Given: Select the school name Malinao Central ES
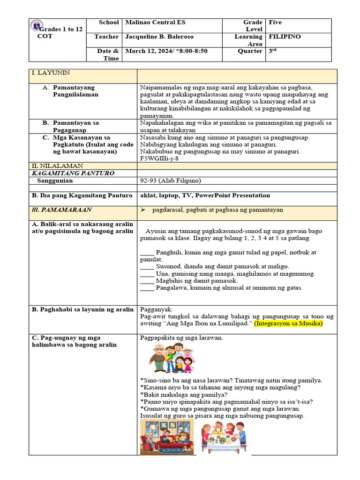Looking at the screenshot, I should [x=155, y=22].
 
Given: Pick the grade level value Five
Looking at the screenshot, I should [x=275, y=22].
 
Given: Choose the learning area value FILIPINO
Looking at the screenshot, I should [x=285, y=37].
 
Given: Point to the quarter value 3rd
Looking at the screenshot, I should [x=272, y=51].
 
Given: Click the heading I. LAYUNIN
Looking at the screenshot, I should [x=50, y=73].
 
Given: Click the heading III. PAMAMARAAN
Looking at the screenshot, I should [x=62, y=210].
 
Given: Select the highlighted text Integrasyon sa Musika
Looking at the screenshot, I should [x=289, y=324].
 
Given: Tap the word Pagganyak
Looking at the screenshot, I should [x=157, y=310].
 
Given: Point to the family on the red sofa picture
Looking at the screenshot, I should [x=167, y=437].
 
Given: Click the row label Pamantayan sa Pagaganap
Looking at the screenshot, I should [x=75, y=127].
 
